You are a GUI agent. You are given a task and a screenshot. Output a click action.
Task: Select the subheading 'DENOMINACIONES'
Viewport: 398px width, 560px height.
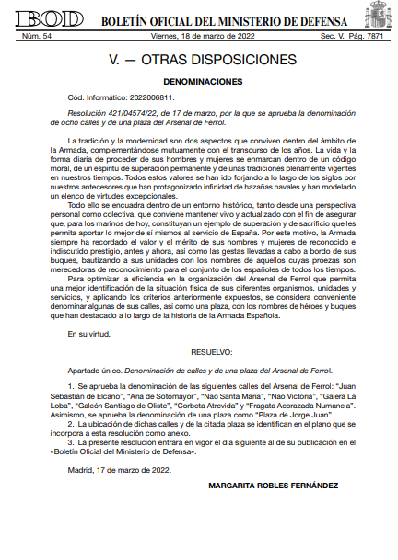(x=199, y=81)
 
